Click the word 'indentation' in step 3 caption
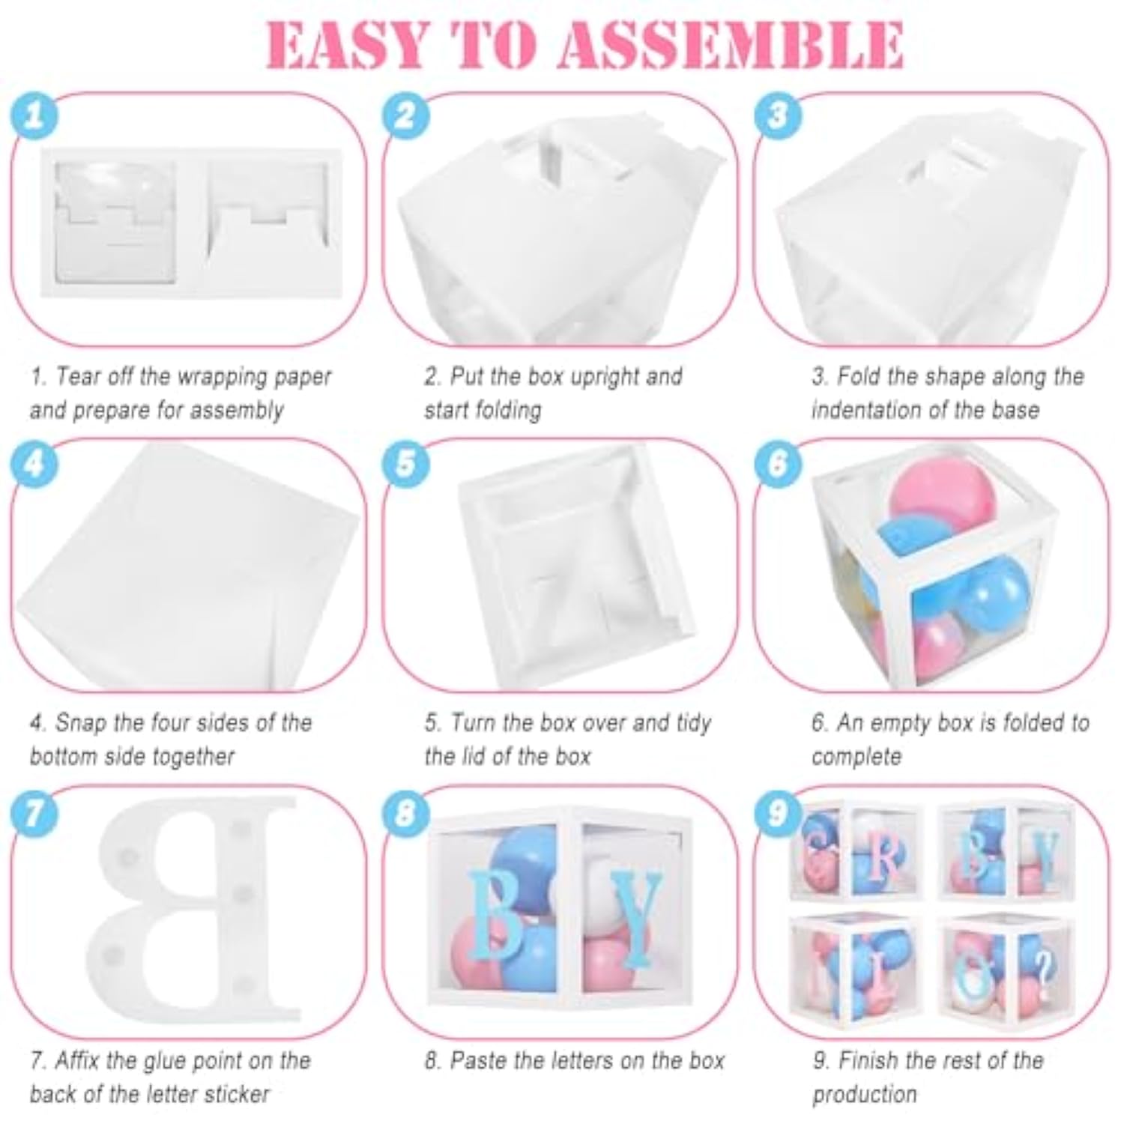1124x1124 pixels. tap(872, 410)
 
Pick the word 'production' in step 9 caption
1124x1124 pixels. tap(865, 1094)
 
